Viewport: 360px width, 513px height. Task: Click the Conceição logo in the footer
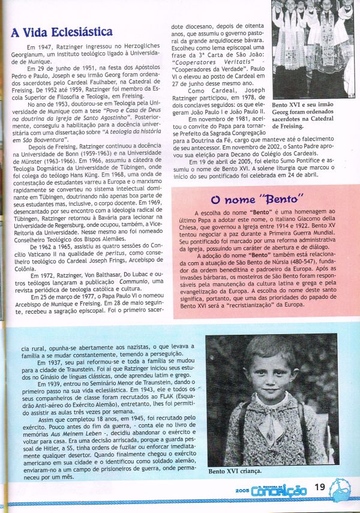[x=282, y=491]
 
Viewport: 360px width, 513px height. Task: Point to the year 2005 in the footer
[x=243, y=490]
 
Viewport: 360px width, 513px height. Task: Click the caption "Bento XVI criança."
[x=235, y=472]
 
